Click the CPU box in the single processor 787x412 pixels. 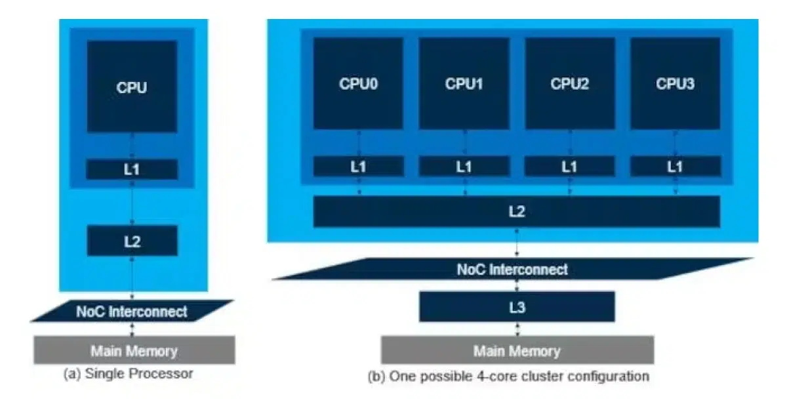(x=132, y=87)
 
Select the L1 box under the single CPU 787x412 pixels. (x=132, y=169)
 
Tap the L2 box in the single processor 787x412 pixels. (x=132, y=241)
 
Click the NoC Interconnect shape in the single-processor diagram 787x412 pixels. (x=132, y=311)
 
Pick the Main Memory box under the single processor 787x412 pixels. (x=134, y=350)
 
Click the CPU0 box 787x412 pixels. (x=358, y=83)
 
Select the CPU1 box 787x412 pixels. (x=464, y=83)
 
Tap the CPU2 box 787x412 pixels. (x=570, y=83)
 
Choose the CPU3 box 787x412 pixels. (x=676, y=83)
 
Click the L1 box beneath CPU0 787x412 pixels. (x=359, y=166)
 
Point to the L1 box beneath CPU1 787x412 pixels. (x=464, y=166)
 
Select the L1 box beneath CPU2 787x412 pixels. (x=570, y=166)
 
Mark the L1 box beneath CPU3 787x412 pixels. (x=676, y=166)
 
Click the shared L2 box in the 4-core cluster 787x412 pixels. (x=517, y=212)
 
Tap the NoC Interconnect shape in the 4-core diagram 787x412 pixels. (x=513, y=269)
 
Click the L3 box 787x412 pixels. (x=517, y=307)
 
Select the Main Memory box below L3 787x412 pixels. (x=517, y=350)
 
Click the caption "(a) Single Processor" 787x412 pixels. (x=129, y=373)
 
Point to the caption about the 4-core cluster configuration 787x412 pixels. (x=508, y=377)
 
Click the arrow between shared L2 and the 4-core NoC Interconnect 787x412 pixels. (x=517, y=243)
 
